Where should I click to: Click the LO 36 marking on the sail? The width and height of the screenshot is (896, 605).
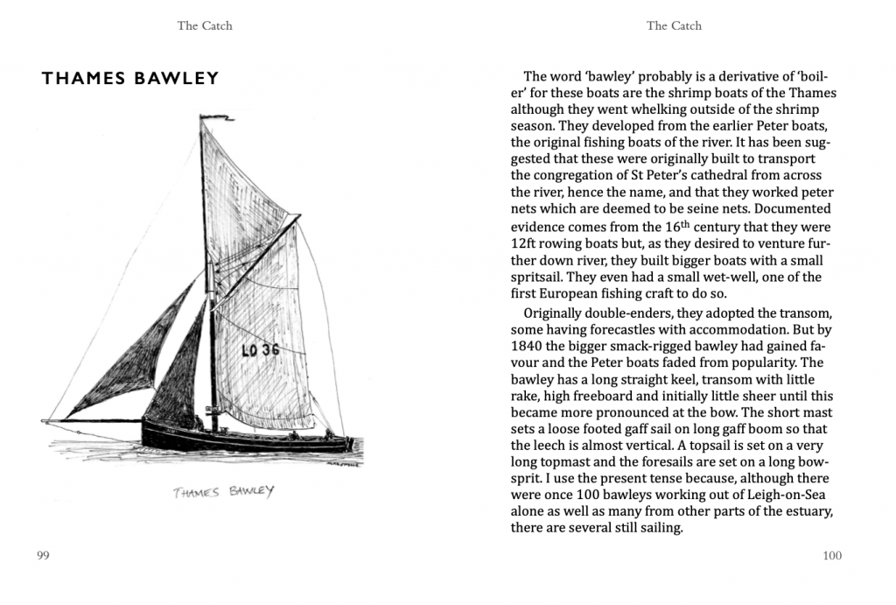point(260,350)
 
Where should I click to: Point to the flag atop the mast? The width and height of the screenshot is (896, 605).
point(207,114)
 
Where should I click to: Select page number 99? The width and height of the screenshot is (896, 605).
point(43,556)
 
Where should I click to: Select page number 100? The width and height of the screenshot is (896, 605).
point(832,556)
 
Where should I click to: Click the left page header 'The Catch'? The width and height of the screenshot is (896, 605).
point(205,25)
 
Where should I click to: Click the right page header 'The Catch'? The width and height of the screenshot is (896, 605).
point(674,25)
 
